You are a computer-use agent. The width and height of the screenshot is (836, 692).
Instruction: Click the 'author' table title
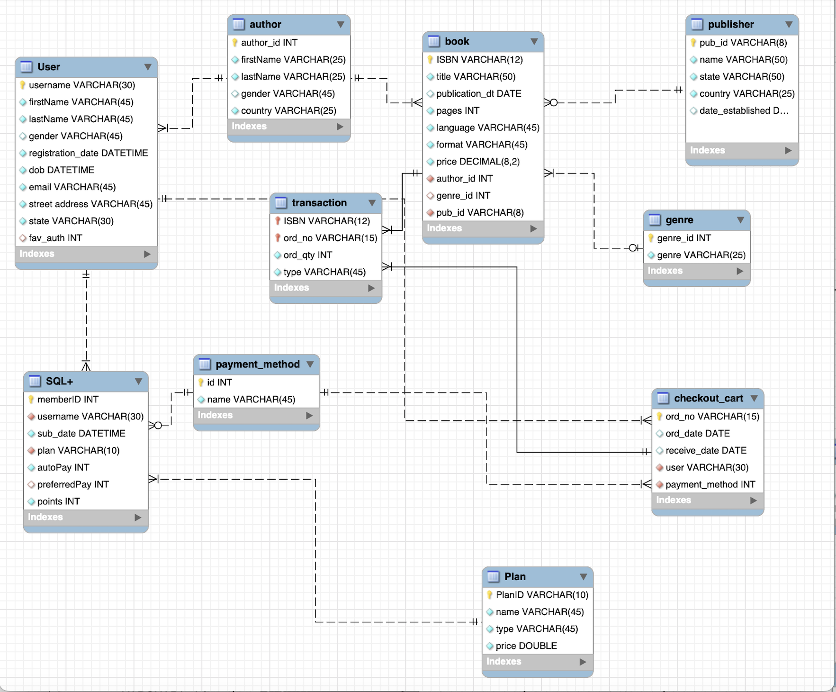point(265,25)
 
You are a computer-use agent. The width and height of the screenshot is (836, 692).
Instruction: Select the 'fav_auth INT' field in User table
point(55,238)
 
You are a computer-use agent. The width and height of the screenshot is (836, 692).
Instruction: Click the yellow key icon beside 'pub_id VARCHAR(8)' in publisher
point(693,43)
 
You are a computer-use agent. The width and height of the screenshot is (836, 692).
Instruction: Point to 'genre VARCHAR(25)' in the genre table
point(701,255)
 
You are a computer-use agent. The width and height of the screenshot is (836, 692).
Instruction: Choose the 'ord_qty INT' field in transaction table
point(307,255)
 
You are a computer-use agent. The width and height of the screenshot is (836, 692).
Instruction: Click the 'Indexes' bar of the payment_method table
point(256,415)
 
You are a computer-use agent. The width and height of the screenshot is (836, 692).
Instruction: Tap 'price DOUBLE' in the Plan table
point(526,646)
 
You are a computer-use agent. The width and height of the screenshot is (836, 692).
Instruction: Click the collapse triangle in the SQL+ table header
point(138,382)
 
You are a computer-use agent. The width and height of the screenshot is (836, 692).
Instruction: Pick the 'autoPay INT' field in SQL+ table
point(63,467)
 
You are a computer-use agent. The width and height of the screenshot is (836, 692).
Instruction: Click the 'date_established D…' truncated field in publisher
point(744,111)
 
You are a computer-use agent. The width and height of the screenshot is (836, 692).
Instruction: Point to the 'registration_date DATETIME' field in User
point(88,153)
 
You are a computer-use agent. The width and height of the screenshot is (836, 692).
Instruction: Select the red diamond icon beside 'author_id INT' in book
point(430,179)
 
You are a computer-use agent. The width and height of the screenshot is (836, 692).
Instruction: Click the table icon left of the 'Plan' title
point(494,577)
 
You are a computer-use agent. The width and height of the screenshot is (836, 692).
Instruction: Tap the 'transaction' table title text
point(319,203)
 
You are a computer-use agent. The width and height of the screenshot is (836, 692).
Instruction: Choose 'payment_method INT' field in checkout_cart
point(710,484)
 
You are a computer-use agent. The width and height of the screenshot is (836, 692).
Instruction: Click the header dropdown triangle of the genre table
point(740,220)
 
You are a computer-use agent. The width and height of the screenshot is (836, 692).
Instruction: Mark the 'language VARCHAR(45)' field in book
point(487,127)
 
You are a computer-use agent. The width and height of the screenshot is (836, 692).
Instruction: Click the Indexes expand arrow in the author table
point(340,127)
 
